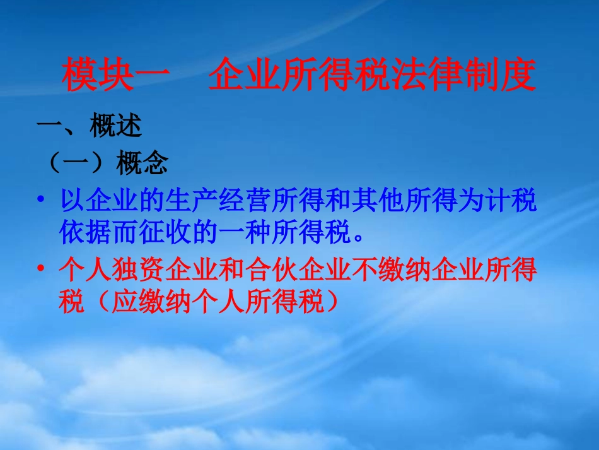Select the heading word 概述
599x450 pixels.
tap(116, 127)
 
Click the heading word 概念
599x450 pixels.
tap(142, 164)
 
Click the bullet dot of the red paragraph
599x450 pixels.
tap(42, 270)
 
